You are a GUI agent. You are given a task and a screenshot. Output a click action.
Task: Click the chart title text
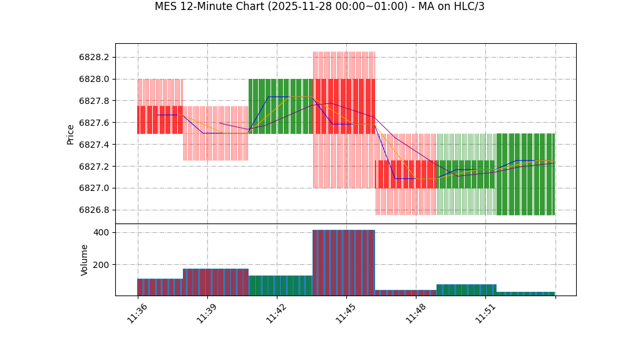[319, 7]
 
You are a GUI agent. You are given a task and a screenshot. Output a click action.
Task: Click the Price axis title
[71, 134]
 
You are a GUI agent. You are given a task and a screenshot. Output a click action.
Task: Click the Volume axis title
[85, 260]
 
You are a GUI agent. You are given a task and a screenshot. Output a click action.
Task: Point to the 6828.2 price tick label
[94, 57]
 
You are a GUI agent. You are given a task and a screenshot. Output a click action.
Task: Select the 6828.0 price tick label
[94, 79]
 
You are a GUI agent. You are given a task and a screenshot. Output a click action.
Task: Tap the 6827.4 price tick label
[94, 145]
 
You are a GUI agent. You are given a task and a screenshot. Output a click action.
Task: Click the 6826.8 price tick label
[94, 210]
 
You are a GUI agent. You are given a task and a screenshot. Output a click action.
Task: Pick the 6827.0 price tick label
[94, 188]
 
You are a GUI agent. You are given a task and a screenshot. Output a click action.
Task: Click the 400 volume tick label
[101, 232]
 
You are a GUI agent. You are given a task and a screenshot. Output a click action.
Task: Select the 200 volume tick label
[101, 264]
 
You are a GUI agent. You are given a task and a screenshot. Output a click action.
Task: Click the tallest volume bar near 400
[344, 262]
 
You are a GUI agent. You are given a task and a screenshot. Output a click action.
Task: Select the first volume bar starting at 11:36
[160, 287]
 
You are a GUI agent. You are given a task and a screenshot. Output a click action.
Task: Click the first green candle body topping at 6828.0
[281, 106]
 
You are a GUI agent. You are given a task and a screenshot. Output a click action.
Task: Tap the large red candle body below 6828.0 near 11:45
[344, 106]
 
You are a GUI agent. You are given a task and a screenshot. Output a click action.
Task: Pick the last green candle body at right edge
[525, 174]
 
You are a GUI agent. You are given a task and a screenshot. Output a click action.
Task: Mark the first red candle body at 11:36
[160, 120]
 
